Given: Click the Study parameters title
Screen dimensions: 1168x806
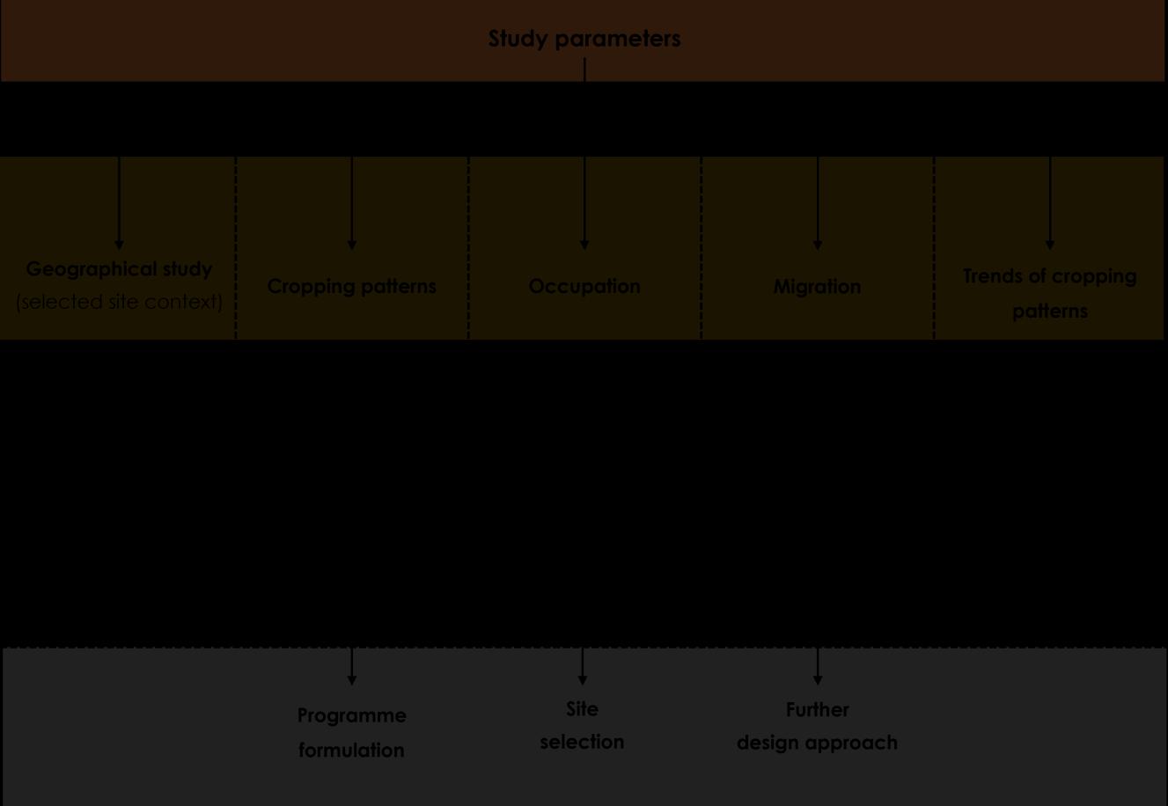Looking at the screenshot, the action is pos(584,39).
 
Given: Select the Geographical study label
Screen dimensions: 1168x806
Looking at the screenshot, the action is pos(119,269).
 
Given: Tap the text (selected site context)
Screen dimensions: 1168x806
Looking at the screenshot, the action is pos(119,302).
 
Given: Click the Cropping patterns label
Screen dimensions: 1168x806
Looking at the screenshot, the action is pos(351,286).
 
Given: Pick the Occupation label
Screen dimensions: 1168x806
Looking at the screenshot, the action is pos(584,286).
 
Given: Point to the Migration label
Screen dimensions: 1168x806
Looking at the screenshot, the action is pos(817,287).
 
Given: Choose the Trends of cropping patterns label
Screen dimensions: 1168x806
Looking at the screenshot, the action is pos(1049,293).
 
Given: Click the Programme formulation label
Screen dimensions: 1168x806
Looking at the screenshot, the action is pos(351,732).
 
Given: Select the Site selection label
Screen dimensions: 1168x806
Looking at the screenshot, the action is pos(582,725).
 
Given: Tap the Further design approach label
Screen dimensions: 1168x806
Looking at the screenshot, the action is pos(817,726).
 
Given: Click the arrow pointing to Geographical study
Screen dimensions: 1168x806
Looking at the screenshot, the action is pos(119,203).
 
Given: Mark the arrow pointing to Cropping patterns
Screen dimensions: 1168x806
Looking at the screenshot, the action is pos(352,203).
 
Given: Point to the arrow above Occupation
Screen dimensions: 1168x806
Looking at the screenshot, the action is pos(584,203).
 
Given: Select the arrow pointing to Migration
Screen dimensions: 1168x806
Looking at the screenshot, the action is pos(818,203).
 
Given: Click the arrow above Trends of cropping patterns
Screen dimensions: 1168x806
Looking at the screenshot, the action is pos(1049,203).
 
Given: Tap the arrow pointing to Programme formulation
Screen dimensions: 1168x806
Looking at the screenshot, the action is pos(352,666).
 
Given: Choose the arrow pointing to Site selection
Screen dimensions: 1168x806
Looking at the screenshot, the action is pos(583,666).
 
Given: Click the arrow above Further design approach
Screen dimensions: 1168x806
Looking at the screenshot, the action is pos(818,666).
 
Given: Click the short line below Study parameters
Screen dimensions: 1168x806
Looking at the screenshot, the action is pos(584,70).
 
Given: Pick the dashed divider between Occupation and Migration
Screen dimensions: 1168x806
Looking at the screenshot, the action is pos(702,248).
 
